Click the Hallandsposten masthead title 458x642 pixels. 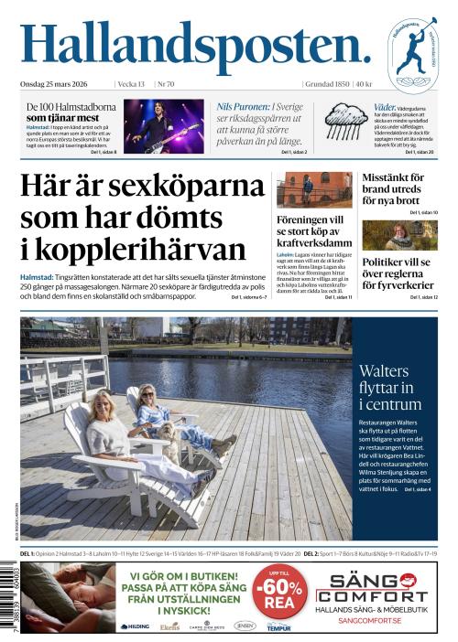click(x=195, y=47)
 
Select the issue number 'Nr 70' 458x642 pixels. click(x=167, y=84)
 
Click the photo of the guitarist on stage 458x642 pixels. click(x=163, y=125)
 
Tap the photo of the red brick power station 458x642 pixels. click(x=314, y=189)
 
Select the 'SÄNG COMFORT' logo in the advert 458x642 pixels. click(x=378, y=588)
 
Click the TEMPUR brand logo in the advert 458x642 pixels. click(x=278, y=627)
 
